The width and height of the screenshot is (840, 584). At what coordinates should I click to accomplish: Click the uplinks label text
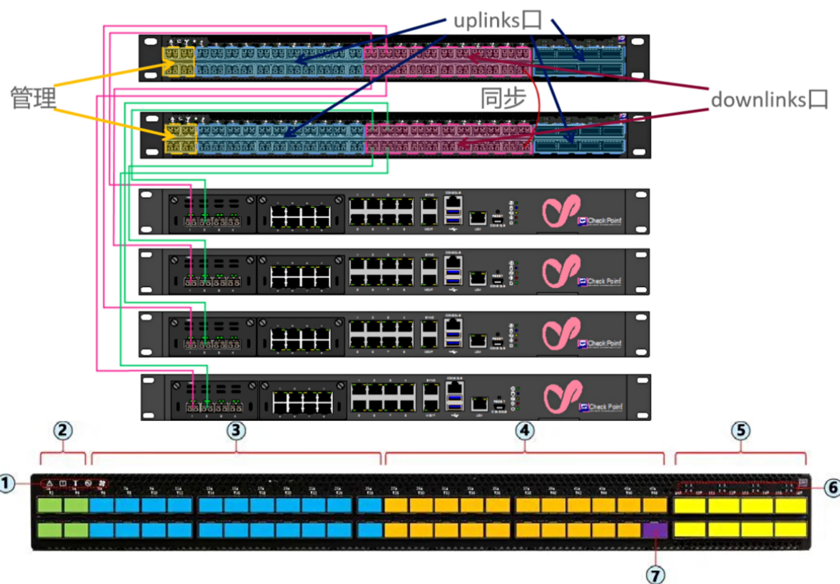tap(498, 21)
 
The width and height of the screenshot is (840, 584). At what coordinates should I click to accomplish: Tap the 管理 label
tap(33, 98)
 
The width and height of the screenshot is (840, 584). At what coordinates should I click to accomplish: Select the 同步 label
tap(503, 98)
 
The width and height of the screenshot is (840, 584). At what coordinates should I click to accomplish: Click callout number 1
tap(6, 483)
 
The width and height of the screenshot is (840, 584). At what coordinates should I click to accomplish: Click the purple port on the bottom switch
tap(655, 530)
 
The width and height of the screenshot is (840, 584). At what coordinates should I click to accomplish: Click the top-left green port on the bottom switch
tap(50, 505)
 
